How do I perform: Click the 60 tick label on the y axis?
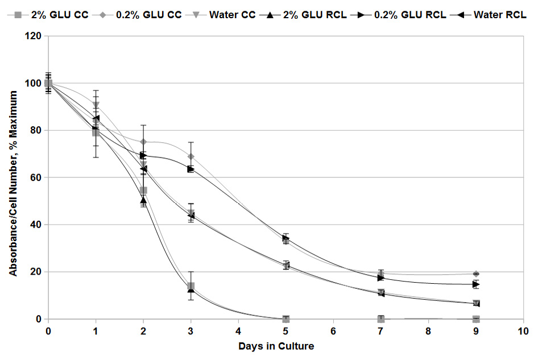tap(35, 177)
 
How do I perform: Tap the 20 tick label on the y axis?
tap(35, 272)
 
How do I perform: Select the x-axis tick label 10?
tap(523, 330)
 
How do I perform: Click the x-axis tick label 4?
tap(238, 330)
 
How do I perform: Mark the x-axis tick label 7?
tap(380, 330)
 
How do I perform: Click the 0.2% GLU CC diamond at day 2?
tap(143, 142)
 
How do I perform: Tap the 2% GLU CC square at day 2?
tap(143, 191)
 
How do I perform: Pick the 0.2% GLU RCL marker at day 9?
tap(475, 284)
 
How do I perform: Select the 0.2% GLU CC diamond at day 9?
tap(475, 274)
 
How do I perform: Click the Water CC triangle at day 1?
tap(96, 105)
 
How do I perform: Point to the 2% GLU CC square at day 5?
tap(285, 319)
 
